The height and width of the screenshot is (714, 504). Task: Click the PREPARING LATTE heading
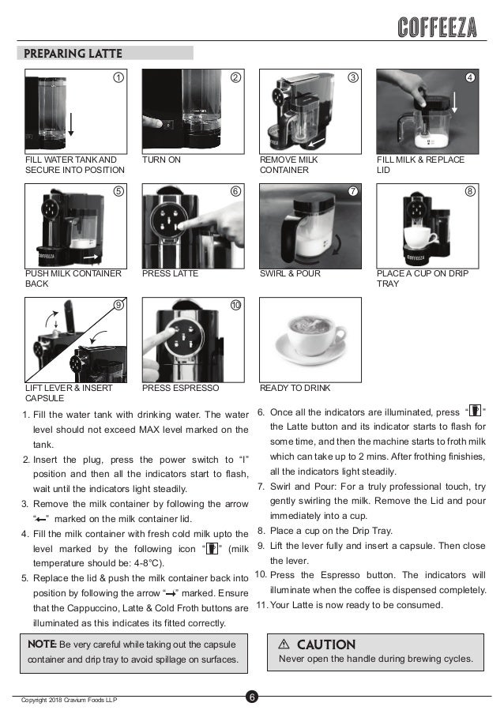72,54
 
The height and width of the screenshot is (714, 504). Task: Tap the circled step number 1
118,78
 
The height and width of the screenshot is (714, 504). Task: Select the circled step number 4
470,78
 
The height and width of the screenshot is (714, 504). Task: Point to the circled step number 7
353,192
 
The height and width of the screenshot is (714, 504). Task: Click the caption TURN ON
161,160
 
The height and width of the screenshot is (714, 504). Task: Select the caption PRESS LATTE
170,273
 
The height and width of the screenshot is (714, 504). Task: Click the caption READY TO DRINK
295,388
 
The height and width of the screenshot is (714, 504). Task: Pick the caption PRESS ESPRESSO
180,388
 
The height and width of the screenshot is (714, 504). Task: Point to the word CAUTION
325,645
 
